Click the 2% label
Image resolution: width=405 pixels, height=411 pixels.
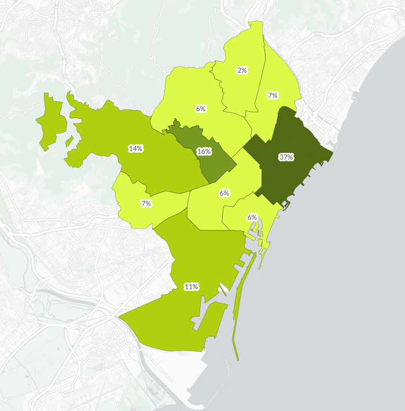click(x=242, y=70)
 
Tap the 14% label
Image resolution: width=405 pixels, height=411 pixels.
click(x=136, y=149)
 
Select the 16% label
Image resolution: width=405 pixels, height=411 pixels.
click(x=204, y=152)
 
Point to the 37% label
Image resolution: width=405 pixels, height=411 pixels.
click(x=286, y=157)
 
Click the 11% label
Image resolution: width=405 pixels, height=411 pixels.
click(x=192, y=287)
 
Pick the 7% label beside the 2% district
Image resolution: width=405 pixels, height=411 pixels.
click(x=273, y=96)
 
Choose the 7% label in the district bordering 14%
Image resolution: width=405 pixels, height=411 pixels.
click(x=146, y=203)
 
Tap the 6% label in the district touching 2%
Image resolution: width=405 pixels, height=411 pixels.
click(x=201, y=108)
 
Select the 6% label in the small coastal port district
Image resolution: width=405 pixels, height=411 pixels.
click(x=252, y=217)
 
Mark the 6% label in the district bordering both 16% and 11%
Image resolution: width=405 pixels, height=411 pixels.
click(x=224, y=193)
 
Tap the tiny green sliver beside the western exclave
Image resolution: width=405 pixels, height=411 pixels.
click(x=69, y=141)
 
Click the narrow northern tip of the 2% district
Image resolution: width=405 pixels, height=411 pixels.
click(x=255, y=26)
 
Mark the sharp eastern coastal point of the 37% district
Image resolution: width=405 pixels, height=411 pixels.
click(x=332, y=153)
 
